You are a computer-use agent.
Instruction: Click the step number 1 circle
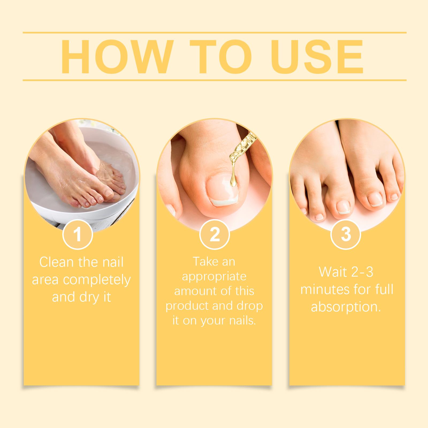pos(78,235)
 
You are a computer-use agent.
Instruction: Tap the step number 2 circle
pos(215,235)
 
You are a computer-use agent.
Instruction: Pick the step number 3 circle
pos(346,235)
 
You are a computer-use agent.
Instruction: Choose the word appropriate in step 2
pos(214,277)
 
